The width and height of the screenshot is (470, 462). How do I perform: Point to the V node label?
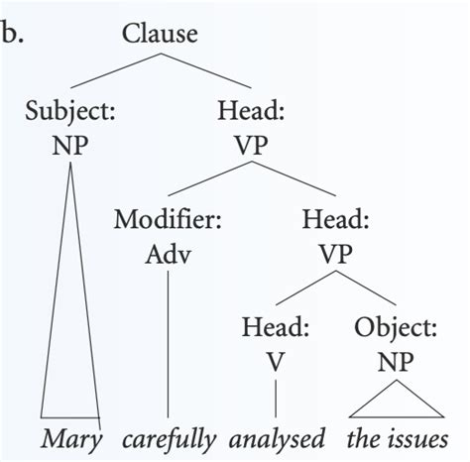pyautogui.click(x=276, y=360)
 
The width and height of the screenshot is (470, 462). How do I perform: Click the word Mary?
pyautogui.click(x=70, y=437)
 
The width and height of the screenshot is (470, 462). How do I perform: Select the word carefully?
pyautogui.click(x=171, y=437)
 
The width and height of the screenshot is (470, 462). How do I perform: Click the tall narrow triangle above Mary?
pyautogui.click(x=71, y=327)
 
